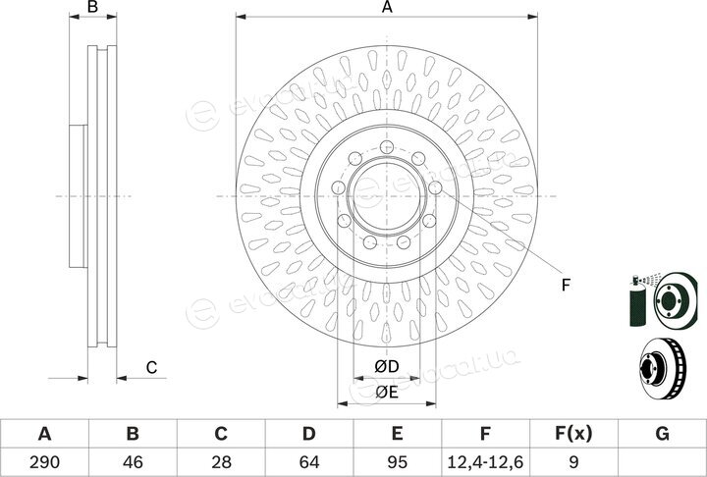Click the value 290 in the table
pyautogui.click(x=44, y=462)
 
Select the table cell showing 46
pyautogui.click(x=133, y=462)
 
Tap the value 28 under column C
pyautogui.click(x=221, y=462)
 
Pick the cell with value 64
pyautogui.click(x=309, y=462)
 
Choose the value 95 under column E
pyautogui.click(x=398, y=462)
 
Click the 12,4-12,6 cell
pyautogui.click(x=485, y=462)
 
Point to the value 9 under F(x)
pyautogui.click(x=573, y=462)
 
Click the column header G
pyautogui.click(x=662, y=434)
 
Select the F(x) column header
pyautogui.click(x=573, y=434)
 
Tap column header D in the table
pyautogui.click(x=309, y=434)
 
